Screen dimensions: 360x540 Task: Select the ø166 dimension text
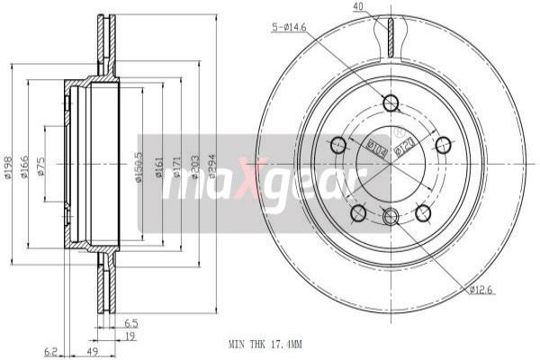(x=26, y=167)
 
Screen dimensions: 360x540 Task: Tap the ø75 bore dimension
(x=43, y=167)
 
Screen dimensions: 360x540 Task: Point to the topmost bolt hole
(x=390, y=103)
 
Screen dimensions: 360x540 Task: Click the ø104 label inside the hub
(x=375, y=148)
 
